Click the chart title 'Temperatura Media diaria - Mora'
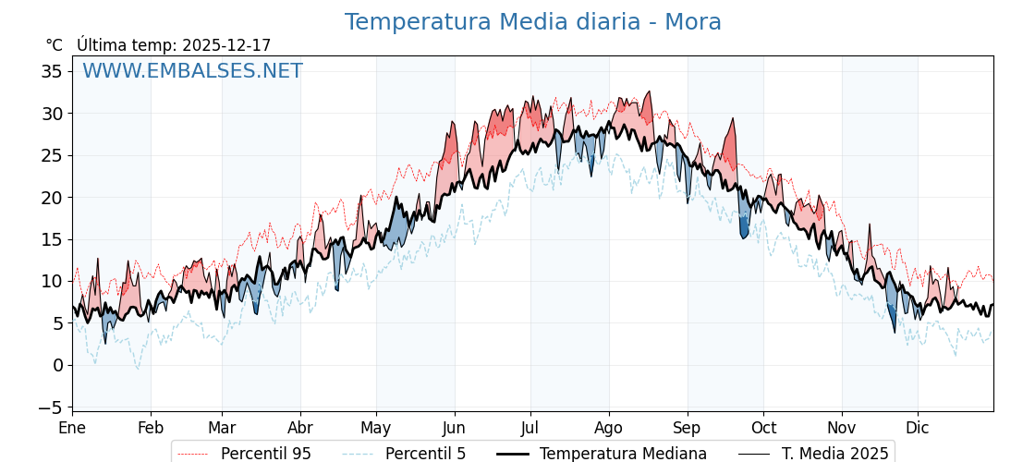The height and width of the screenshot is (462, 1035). click(x=532, y=22)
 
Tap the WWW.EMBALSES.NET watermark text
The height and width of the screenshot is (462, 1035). click(x=192, y=71)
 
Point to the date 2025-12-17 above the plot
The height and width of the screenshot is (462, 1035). click(x=226, y=45)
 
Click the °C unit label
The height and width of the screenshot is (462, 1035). click(x=55, y=45)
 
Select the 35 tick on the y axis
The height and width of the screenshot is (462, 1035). click(x=52, y=71)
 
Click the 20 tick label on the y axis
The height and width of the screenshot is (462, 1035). click(x=52, y=197)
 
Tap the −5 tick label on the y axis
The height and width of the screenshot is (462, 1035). click(x=52, y=407)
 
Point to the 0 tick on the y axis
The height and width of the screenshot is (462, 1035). click(x=57, y=365)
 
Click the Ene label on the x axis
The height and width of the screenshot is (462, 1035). click(x=72, y=428)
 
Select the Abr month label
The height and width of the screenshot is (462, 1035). click(x=300, y=428)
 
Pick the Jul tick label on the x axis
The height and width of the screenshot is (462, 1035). click(x=530, y=428)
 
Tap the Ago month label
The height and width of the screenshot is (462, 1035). click(x=609, y=428)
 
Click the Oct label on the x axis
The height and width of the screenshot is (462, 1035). click(x=763, y=428)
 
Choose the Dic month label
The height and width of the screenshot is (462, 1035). click(x=918, y=428)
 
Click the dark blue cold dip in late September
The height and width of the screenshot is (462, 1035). click(x=744, y=226)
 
